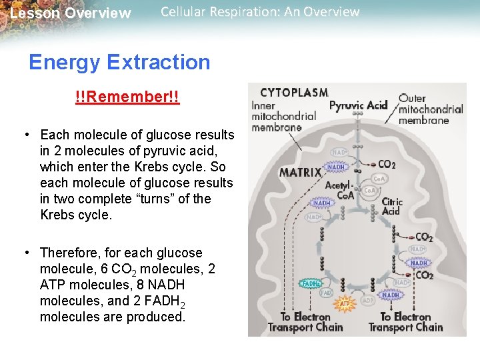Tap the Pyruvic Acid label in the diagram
(x=358, y=105)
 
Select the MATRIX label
(x=300, y=172)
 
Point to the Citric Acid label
(x=391, y=206)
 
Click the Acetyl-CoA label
(x=341, y=190)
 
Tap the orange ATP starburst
(x=345, y=304)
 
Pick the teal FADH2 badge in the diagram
(x=311, y=283)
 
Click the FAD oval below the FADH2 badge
(x=326, y=293)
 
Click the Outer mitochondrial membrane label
(x=430, y=109)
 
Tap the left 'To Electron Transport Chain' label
(x=305, y=322)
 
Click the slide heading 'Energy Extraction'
(x=119, y=63)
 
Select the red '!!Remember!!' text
(x=127, y=98)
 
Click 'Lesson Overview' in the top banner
(x=70, y=13)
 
